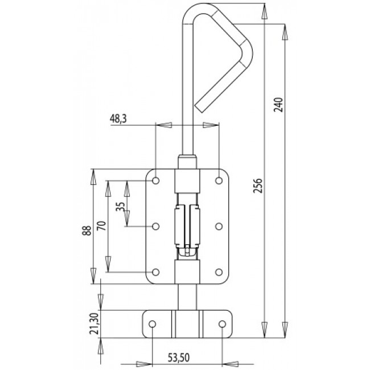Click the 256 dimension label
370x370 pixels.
[x=257, y=188]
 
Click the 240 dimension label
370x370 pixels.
[x=278, y=105]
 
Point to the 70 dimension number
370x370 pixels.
[x=100, y=226]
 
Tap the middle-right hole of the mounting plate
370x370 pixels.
[x=219, y=227]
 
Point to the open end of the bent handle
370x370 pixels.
[x=202, y=106]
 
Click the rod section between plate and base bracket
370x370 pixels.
[x=187, y=297]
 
